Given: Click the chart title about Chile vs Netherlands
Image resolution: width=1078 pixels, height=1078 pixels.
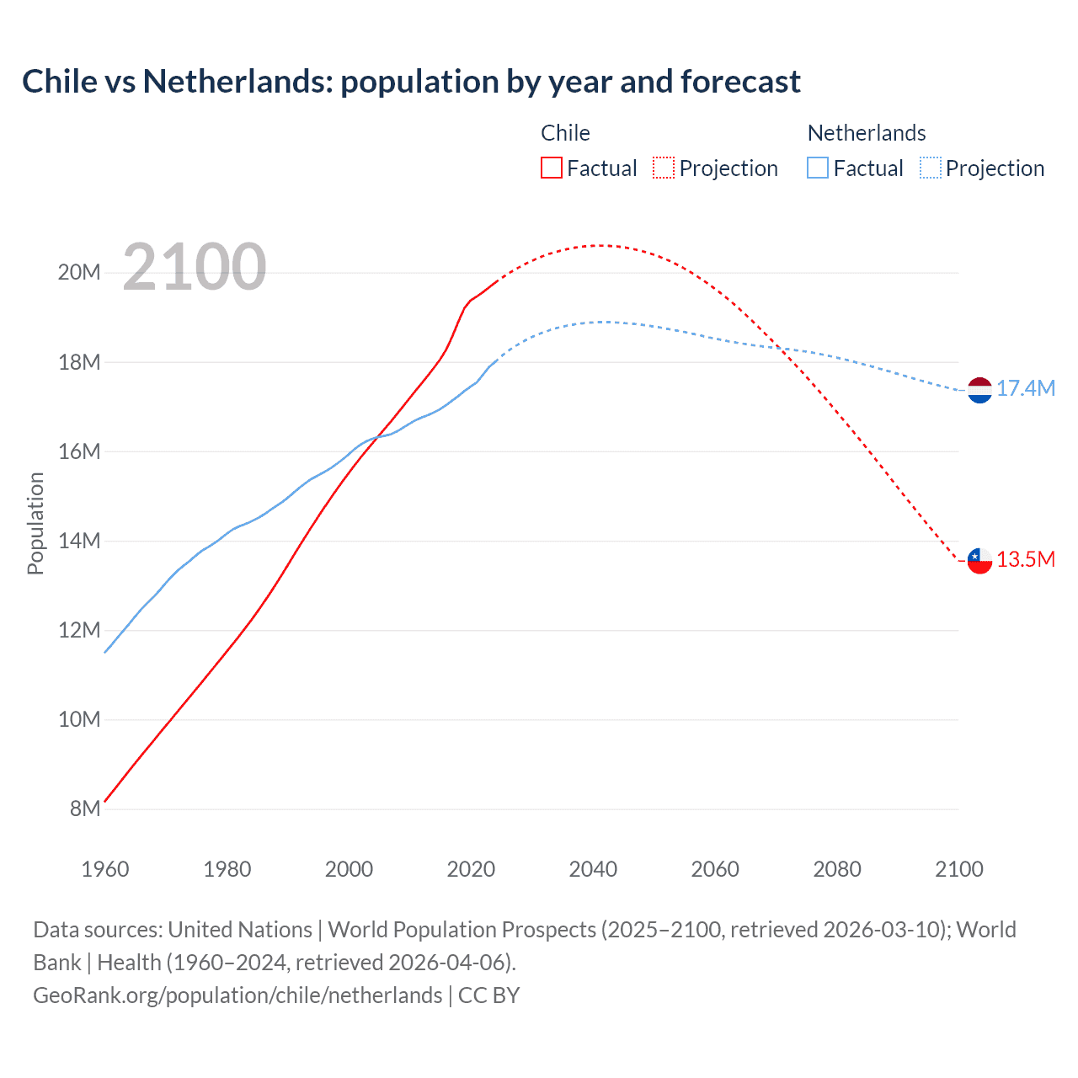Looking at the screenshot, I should pyautogui.click(x=411, y=82).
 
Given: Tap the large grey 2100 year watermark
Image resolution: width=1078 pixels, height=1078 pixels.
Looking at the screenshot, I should pyautogui.click(x=195, y=267).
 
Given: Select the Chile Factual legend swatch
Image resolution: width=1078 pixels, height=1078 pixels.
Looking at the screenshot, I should pyautogui.click(x=551, y=168).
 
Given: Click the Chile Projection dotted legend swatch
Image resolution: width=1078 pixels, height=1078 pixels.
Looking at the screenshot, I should pyautogui.click(x=664, y=168).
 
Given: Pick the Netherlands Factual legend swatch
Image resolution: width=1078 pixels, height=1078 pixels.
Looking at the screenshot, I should pyautogui.click(x=818, y=168).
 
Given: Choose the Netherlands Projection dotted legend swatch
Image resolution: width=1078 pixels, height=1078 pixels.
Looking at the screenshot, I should pyautogui.click(x=930, y=168).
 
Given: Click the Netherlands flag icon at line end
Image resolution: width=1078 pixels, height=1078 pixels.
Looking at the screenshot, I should pyautogui.click(x=979, y=390).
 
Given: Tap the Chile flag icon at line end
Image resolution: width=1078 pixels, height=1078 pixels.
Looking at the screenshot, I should pyautogui.click(x=979, y=560).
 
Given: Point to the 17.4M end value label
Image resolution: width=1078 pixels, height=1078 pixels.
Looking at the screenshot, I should pyautogui.click(x=1026, y=388).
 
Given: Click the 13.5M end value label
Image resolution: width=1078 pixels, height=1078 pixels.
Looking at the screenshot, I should pyautogui.click(x=1026, y=560).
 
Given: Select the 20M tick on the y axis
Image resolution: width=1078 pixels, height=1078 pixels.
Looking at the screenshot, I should pyautogui.click(x=79, y=272).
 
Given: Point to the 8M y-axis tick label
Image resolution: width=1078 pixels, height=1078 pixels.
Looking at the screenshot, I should pyautogui.click(x=85, y=808).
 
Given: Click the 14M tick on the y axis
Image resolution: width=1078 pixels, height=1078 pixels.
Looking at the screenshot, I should pyautogui.click(x=79, y=541).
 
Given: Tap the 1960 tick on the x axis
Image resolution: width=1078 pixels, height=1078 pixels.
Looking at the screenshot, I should pyautogui.click(x=105, y=869).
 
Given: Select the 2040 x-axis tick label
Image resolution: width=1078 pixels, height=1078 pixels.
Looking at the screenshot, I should pyautogui.click(x=593, y=869).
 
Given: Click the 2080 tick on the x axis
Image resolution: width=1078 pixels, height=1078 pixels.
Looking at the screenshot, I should pyautogui.click(x=837, y=869).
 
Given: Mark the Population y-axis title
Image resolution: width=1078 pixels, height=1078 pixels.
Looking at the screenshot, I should pyautogui.click(x=35, y=523).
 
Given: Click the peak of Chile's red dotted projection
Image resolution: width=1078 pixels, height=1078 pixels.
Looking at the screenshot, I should pyautogui.click(x=599, y=245).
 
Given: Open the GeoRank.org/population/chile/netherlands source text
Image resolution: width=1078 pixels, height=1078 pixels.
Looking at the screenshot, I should pyautogui.click(x=237, y=995).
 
